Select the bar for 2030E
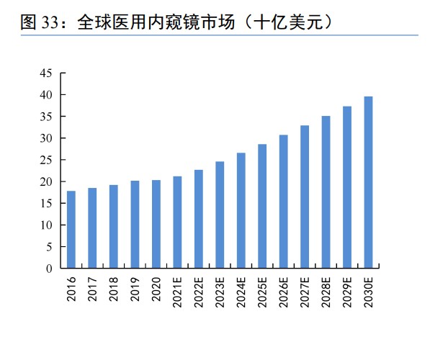[368, 182]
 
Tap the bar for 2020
[156, 224]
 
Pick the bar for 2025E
[262, 206]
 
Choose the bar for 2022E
[198, 219]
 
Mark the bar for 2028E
[326, 192]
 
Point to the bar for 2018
[113, 227]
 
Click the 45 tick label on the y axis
[46, 73]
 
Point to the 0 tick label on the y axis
[49, 269]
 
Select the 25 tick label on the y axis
[46, 160]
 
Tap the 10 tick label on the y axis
[46, 225]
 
